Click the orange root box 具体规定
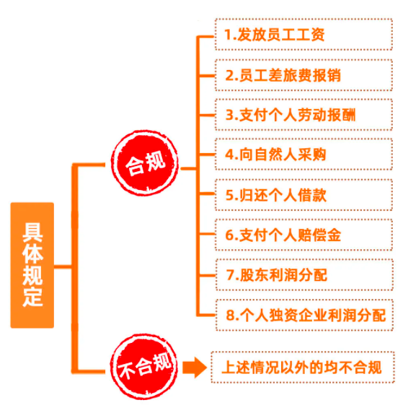(x=32, y=265)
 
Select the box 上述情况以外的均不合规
(x=302, y=366)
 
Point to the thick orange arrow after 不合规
(x=192, y=367)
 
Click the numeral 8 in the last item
(x=230, y=315)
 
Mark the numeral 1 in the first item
(x=228, y=35)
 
